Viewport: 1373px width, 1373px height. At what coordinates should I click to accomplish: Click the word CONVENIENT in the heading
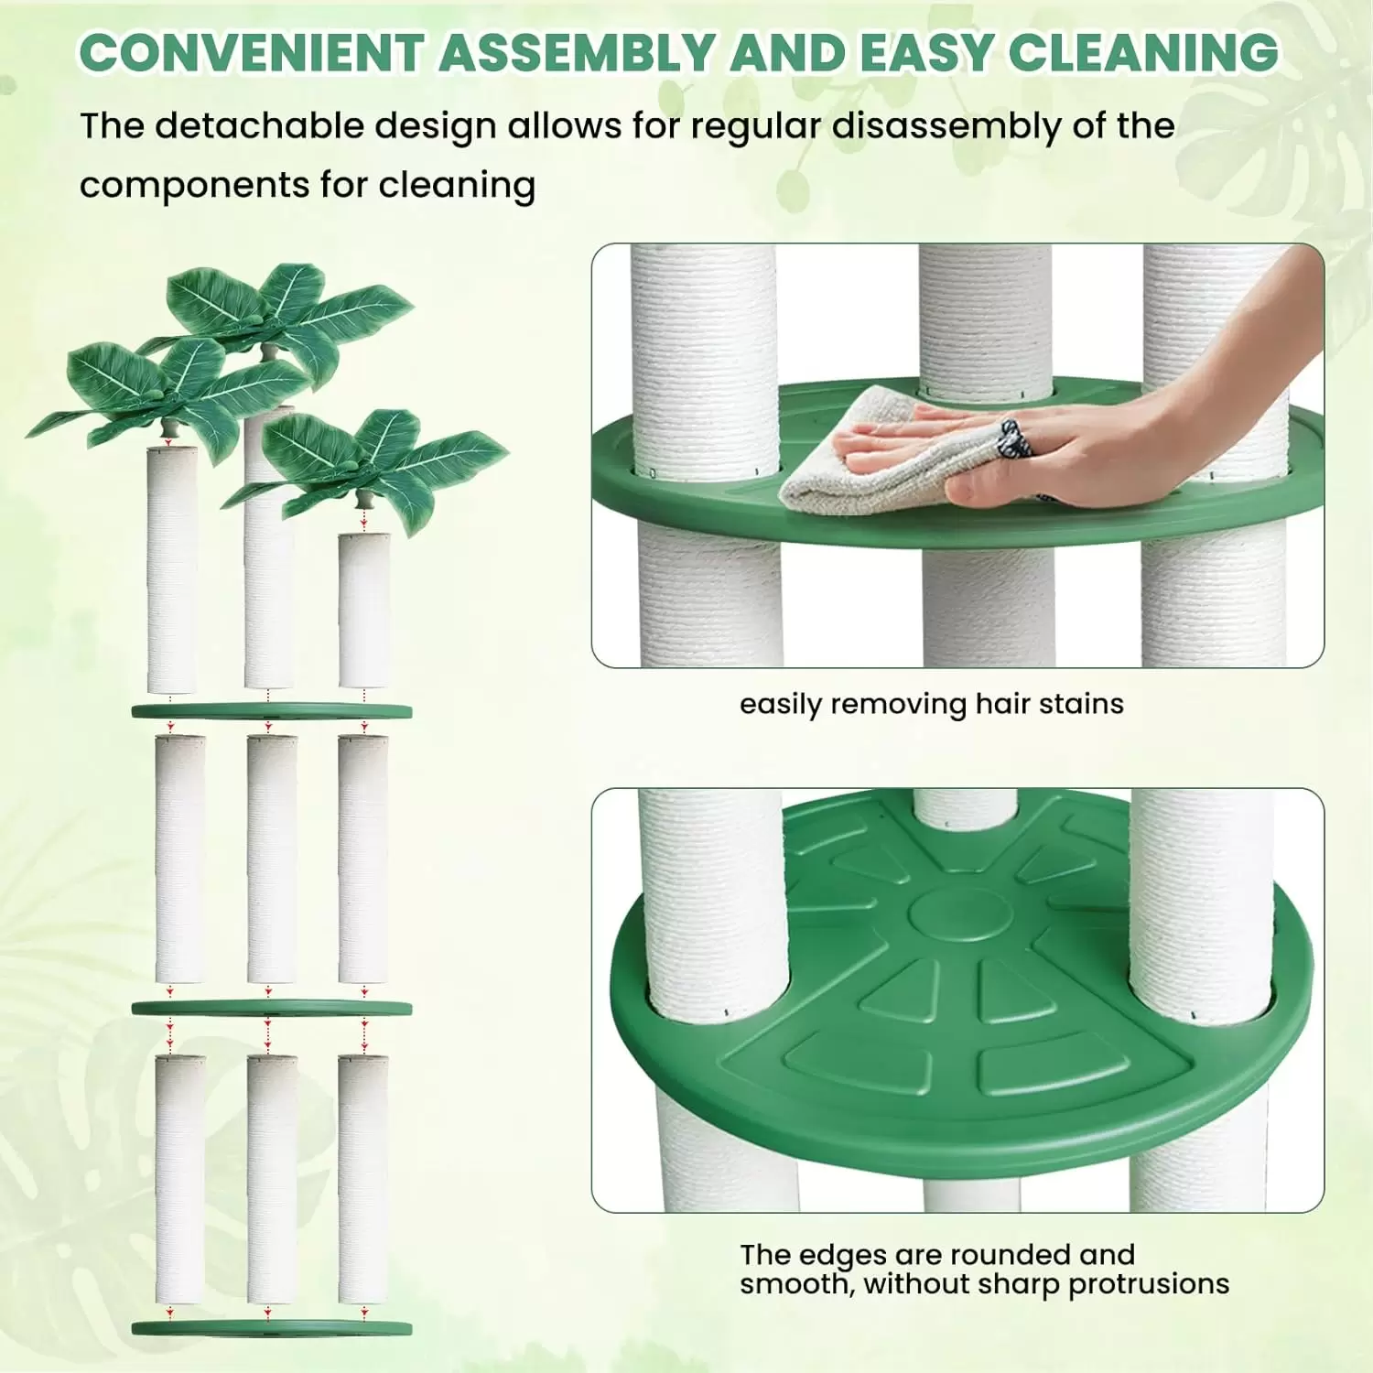coord(251,52)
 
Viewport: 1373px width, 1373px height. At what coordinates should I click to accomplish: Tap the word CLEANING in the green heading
coord(1143,52)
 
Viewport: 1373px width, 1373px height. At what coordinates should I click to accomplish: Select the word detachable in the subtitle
coord(259,126)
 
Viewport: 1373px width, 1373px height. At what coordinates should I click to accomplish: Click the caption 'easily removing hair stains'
coord(932,704)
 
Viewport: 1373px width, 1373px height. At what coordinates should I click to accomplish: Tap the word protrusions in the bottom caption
coord(1149,1284)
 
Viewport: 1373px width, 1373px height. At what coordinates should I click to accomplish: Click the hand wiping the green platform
coord(1089,412)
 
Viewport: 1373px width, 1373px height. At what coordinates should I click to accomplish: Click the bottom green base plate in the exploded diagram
coord(272,1328)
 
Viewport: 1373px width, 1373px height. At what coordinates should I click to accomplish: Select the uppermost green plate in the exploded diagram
coord(272,711)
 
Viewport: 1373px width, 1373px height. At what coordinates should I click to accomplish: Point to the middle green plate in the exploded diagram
coord(272,1008)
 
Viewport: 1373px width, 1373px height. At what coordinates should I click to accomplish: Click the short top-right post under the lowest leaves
coord(364,610)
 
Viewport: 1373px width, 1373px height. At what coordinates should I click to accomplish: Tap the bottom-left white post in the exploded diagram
coord(180,1179)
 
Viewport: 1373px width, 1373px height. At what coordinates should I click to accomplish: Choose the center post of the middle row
coord(272,859)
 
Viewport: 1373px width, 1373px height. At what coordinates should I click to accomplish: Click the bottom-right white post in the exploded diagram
coord(363,1179)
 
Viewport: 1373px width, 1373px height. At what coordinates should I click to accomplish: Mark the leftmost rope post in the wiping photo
coord(707,455)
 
